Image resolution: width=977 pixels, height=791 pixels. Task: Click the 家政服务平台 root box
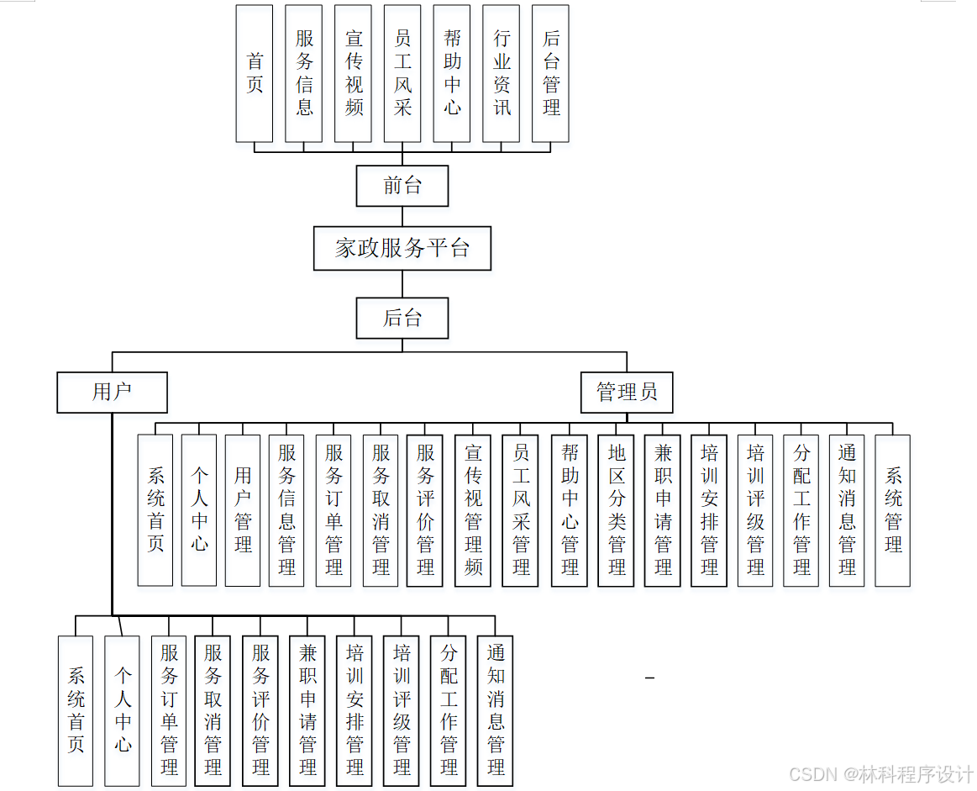click(x=402, y=248)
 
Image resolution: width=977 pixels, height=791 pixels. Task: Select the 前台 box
click(x=402, y=186)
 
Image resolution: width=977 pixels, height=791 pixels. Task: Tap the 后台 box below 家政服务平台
click(x=402, y=319)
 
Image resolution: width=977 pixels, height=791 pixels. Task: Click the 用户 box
click(x=112, y=393)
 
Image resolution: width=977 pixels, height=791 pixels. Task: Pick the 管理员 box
click(x=627, y=393)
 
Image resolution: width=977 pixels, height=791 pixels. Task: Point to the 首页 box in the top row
click(x=255, y=73)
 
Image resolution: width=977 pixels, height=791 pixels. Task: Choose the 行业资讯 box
click(x=502, y=73)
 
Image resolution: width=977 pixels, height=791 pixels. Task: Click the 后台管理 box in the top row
click(x=550, y=73)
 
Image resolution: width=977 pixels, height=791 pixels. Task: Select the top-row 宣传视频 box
click(x=353, y=73)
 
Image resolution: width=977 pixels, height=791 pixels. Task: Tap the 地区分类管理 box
click(x=617, y=510)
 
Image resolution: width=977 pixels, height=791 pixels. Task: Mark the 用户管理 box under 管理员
click(x=243, y=510)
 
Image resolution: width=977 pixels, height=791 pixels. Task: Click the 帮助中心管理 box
click(x=570, y=510)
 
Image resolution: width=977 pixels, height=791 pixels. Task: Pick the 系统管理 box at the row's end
click(x=892, y=510)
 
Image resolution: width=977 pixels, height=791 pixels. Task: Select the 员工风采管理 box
click(x=521, y=510)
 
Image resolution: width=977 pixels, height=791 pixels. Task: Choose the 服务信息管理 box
click(x=286, y=510)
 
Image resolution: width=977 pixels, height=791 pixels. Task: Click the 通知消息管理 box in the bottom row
click(x=495, y=710)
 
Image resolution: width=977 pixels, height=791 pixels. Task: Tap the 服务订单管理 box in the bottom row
click(x=169, y=710)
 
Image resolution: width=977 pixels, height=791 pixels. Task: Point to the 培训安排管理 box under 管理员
click(x=709, y=510)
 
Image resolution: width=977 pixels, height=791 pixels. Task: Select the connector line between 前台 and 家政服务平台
click(x=402, y=216)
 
